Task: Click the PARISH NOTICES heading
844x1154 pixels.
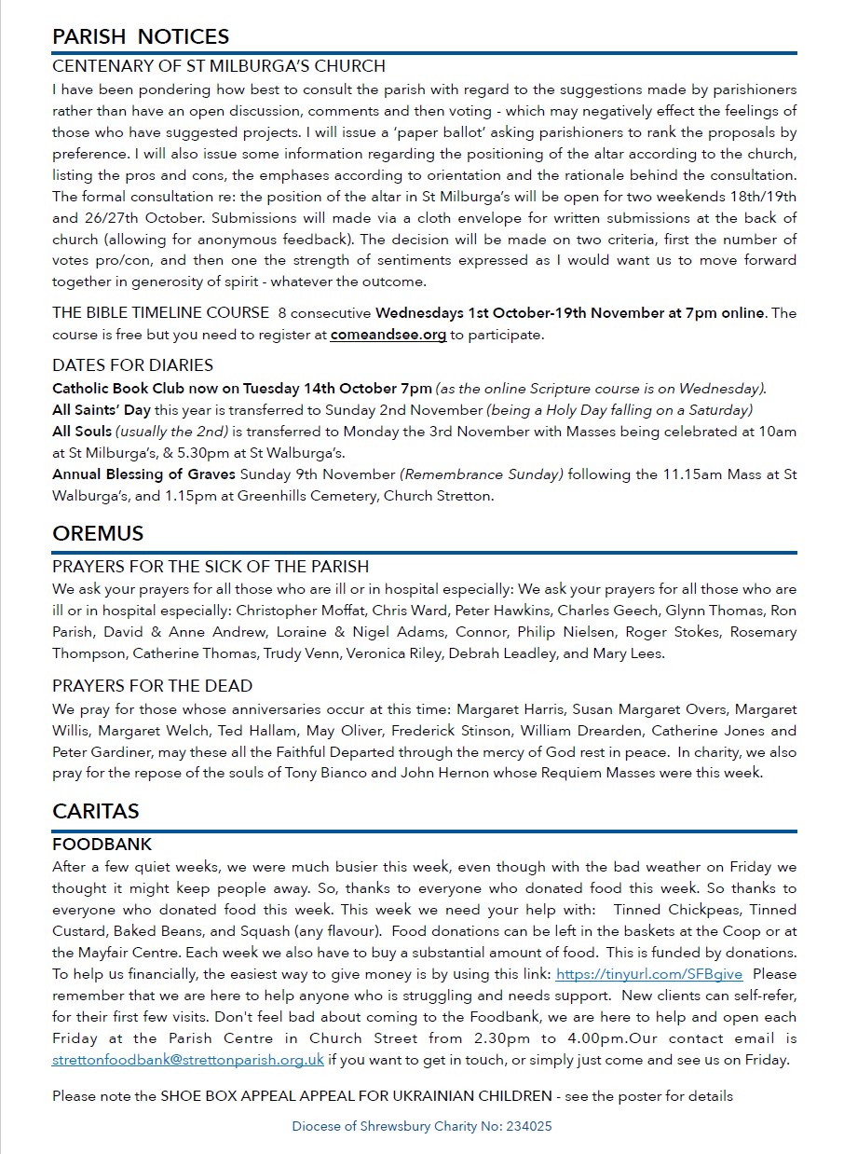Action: tap(141, 36)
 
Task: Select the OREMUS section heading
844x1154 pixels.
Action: tap(98, 533)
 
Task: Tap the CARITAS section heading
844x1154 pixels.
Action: tap(96, 811)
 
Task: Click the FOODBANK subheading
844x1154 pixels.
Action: tap(102, 845)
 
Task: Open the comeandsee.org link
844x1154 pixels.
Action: tap(388, 335)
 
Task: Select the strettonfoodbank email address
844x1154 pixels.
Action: tap(188, 1060)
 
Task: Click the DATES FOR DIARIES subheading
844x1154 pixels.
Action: tap(132, 365)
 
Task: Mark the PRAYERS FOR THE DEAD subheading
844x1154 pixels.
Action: tap(152, 686)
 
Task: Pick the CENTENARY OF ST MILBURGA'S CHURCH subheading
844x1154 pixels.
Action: tap(219, 67)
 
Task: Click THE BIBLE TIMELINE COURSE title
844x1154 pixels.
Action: tap(160, 313)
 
